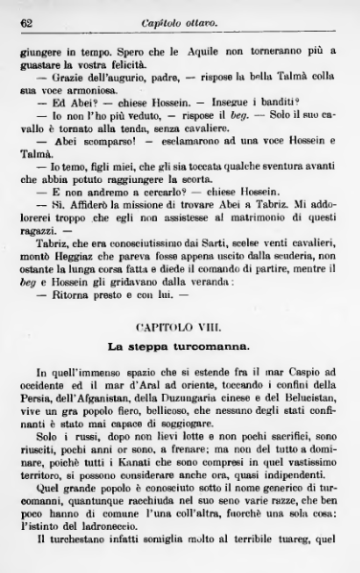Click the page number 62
pyautogui.click(x=27, y=21)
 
